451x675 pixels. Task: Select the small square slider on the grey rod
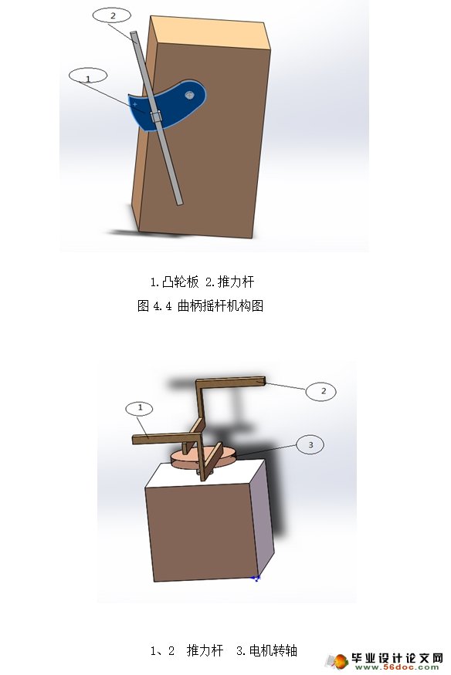point(156,117)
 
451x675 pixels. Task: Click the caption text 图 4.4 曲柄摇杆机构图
point(200,306)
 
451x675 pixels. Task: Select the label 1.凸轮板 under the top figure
point(173,281)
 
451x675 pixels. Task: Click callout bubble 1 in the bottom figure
point(140,407)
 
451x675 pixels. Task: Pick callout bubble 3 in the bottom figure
point(310,445)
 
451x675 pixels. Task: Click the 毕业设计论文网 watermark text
point(397,658)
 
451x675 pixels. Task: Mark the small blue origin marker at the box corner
point(256,576)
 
